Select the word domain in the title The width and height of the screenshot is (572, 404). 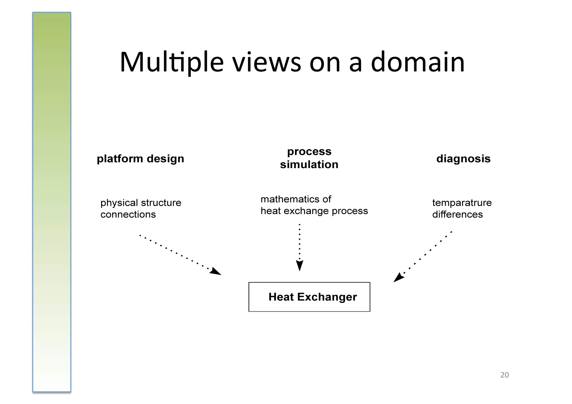click(418, 62)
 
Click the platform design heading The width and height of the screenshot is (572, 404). click(140, 159)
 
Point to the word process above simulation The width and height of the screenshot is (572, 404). click(309, 151)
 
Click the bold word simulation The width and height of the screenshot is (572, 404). click(309, 164)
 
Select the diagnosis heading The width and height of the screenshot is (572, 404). click(463, 159)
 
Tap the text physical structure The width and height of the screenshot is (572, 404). click(141, 203)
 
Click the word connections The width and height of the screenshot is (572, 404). click(128, 214)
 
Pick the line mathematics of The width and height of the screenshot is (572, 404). click(295, 199)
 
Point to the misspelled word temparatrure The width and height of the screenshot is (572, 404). click(462, 203)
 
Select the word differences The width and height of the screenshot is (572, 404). click(457, 214)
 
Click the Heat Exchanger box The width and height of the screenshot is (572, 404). click(309, 297)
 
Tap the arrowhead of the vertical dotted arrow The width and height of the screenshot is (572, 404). click(299, 266)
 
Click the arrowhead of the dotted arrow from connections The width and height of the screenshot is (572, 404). click(216, 271)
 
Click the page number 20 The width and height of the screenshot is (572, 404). click(504, 375)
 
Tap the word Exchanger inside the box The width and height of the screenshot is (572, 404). click(327, 297)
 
